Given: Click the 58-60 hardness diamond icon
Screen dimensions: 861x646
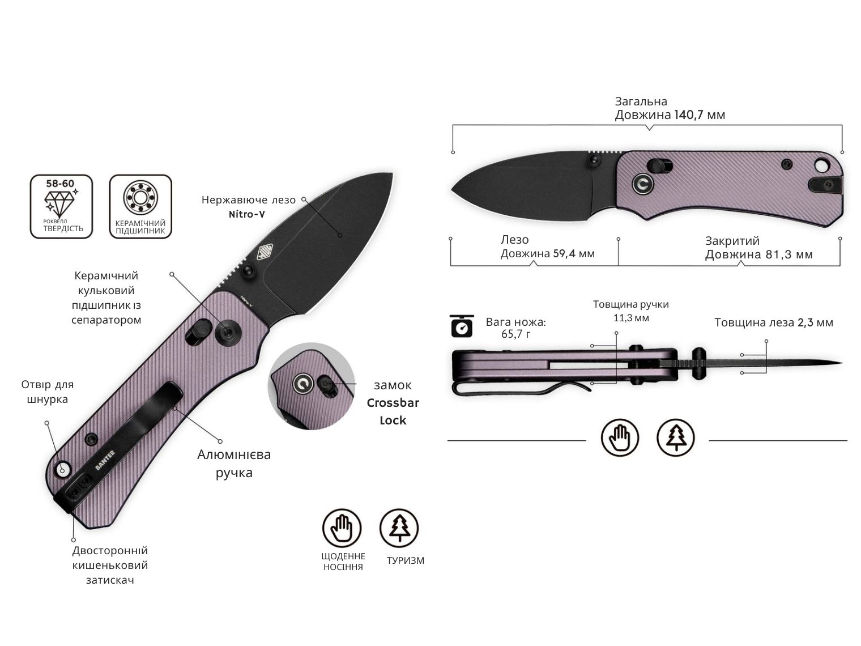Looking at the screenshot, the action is pos(61,206).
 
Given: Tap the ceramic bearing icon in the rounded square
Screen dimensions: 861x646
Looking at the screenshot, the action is pos(140,206).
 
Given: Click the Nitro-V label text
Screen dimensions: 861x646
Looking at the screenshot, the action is pos(247,214).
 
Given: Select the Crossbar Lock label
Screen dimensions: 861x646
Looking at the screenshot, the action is pos(393,411).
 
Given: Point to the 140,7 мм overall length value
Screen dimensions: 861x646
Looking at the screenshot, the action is pos(700,115).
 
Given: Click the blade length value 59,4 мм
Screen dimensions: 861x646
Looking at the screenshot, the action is pos(574,253).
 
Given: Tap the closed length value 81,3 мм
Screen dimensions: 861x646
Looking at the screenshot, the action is pos(789,254).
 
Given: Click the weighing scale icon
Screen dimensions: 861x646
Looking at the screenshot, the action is pos(462,326).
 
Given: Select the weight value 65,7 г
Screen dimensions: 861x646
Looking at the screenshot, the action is pos(516,334).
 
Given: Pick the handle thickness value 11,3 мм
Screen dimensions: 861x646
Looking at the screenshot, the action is pos(631,318).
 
